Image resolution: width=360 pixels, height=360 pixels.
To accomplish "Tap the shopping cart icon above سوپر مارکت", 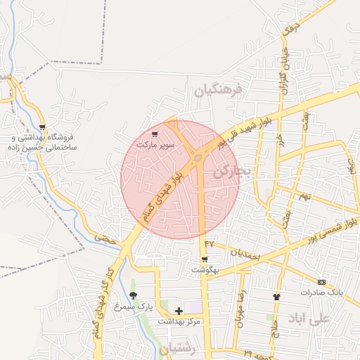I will point(155,134).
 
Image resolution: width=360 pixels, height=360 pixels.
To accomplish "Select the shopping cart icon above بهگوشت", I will point(205,259).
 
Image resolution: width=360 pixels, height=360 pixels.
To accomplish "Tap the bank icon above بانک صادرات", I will point(321,281).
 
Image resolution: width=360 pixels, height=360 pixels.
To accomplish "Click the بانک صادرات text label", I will point(321,292).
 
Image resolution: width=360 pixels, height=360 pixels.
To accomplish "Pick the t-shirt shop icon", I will point(276,297).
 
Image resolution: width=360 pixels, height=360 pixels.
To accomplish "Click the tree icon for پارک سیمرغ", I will point(134,295).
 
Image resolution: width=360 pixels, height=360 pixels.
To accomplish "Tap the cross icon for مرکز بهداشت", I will point(179,310).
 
